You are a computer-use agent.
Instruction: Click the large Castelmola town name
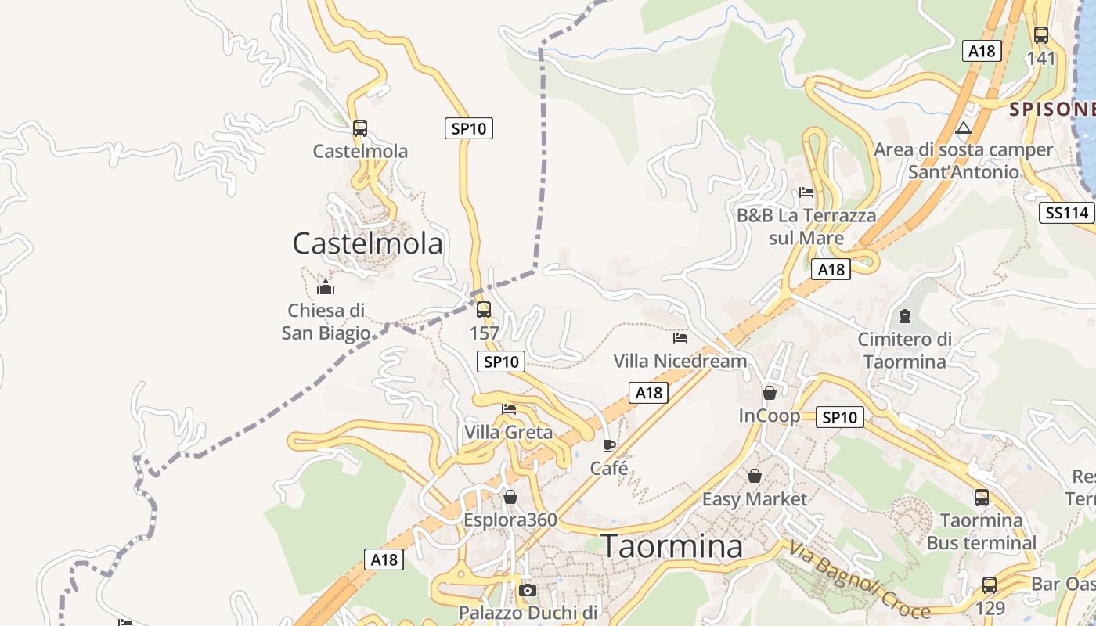tap(367, 243)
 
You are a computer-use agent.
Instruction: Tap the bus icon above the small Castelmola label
tap(360, 128)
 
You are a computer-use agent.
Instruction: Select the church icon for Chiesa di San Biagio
tap(326, 287)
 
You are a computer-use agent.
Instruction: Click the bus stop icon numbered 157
tap(484, 309)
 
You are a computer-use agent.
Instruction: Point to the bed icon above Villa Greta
tap(509, 408)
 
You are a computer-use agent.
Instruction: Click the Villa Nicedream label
tap(680, 361)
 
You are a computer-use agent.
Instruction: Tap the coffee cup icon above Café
tap(609, 446)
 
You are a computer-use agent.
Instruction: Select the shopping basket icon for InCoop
tap(770, 393)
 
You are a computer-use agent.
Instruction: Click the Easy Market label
tap(754, 498)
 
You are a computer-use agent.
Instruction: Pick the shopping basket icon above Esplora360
tap(510, 497)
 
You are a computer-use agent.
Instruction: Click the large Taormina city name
tap(671, 546)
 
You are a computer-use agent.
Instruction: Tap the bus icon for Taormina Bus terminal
tap(982, 497)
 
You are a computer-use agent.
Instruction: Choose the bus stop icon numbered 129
tap(990, 585)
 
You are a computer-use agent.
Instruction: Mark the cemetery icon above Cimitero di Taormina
tap(905, 316)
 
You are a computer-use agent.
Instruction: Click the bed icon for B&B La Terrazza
tap(806, 192)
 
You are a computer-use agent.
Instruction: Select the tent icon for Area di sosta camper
tap(964, 128)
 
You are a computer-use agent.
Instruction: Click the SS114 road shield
tap(1066, 212)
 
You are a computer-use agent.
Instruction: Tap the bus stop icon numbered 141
tap(1041, 35)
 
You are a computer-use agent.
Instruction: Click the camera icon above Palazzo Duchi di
tap(528, 590)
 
